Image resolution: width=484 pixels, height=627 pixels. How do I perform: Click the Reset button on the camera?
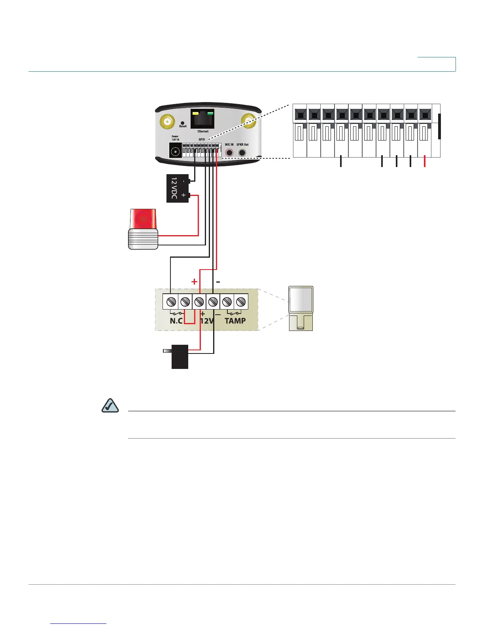coord(182,123)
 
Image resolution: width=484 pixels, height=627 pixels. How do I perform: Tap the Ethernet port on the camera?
coord(202,119)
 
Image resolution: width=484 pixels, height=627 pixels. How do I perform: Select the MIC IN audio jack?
coord(229,152)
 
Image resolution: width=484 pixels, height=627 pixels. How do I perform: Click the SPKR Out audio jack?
coord(242,152)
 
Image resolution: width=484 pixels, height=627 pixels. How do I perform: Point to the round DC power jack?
coord(175,151)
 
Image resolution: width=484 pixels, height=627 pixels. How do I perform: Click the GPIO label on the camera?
coord(202,139)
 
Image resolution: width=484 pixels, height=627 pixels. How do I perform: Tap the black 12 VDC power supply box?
coord(177,188)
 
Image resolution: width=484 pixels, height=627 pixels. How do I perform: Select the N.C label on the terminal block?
coord(176,321)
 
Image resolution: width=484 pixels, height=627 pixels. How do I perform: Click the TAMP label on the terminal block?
coord(235,321)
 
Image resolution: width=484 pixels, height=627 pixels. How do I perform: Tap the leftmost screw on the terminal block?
coord(171,302)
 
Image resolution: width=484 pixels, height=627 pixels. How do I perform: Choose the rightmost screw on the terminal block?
coord(240,302)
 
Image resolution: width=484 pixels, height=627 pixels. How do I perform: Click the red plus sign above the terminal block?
coord(194,281)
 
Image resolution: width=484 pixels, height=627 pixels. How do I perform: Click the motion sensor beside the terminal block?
coord(301,308)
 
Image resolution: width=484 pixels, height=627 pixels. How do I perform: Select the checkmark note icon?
coord(110,406)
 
